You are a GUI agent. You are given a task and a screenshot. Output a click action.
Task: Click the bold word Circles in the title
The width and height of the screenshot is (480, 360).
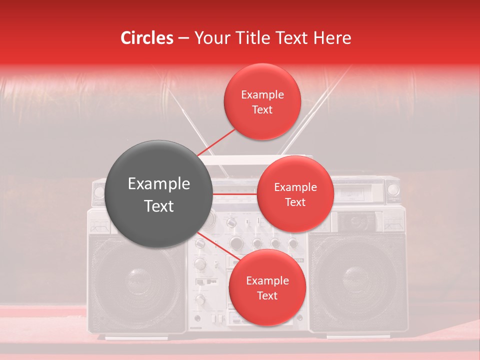click(146, 38)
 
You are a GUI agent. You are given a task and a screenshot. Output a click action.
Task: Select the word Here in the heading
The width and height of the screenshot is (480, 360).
click(332, 38)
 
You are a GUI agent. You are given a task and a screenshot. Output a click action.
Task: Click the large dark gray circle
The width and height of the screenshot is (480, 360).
click(158, 194)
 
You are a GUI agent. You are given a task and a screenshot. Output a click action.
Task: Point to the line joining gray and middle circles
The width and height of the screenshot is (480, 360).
click(234, 194)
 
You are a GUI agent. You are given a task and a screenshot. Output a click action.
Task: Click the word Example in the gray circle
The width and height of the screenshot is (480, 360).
click(158, 184)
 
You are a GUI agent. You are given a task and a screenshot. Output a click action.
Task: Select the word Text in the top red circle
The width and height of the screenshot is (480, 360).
click(262, 109)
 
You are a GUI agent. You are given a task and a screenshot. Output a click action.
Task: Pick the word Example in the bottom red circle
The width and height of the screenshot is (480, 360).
click(267, 281)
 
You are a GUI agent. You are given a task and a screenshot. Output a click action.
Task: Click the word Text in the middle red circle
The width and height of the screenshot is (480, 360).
click(295, 202)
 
